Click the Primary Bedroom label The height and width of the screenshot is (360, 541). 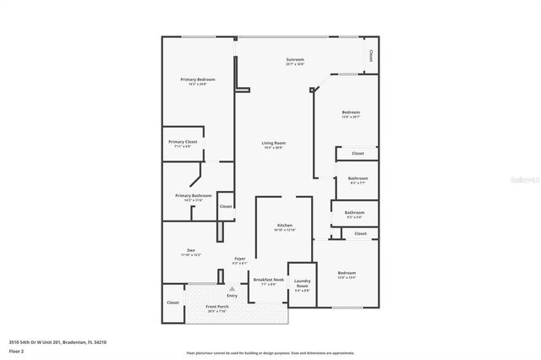click(194, 79)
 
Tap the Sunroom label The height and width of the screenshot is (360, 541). click(294, 60)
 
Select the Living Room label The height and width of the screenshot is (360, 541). click(272, 143)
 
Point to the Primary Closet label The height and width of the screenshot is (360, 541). click(183, 142)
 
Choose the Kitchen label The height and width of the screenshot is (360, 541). click(285, 226)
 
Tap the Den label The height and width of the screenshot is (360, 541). click(190, 250)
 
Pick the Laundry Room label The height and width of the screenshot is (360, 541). click(302, 284)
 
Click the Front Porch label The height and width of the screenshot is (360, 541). click(218, 307)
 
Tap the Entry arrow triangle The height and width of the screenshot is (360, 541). click(232, 289)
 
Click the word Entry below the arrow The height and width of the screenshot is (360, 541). click(232, 296)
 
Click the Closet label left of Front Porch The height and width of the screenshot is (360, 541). click(173, 302)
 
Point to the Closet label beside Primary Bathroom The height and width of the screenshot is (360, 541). click(226, 206)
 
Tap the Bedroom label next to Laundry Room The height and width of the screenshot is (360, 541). click(347, 273)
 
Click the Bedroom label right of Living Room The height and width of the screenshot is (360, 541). click(351, 112)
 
